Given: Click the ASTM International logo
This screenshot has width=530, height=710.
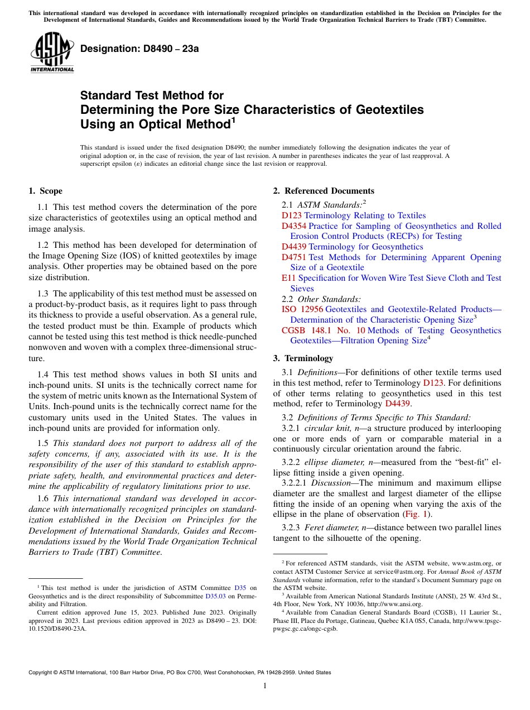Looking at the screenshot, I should pyautogui.click(x=52, y=53).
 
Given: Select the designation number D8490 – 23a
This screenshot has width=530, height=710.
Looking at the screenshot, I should pyautogui.click(x=139, y=49).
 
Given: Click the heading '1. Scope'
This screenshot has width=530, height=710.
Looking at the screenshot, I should pyautogui.click(x=45, y=191).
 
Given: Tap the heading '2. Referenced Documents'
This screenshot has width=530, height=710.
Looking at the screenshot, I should pyautogui.click(x=323, y=191).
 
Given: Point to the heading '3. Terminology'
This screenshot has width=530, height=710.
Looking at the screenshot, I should pyautogui.click(x=303, y=358).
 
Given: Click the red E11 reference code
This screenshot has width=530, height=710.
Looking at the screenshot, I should pyautogui.click(x=288, y=278).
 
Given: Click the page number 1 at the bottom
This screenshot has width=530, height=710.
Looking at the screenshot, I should pyautogui.click(x=265, y=686).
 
